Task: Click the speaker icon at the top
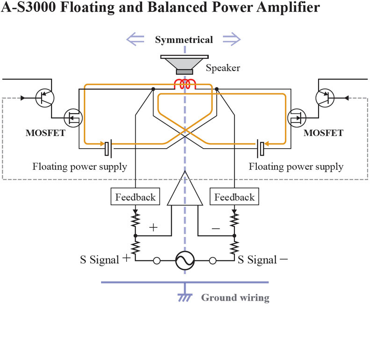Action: click(184, 65)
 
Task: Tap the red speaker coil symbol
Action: click(185, 85)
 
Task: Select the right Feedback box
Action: click(234, 197)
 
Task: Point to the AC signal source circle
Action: click(185, 261)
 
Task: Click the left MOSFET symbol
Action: click(73, 117)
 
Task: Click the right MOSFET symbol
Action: click(297, 117)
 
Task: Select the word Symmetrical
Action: click(184, 40)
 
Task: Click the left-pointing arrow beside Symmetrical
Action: click(136, 39)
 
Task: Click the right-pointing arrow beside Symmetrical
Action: click(231, 39)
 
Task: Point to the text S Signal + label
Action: click(104, 259)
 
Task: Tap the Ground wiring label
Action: click(235, 297)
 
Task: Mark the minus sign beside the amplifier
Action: click(216, 229)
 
